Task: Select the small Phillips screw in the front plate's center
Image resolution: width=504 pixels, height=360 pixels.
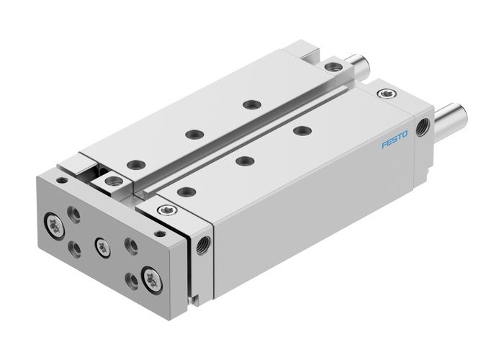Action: pos(102,243)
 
